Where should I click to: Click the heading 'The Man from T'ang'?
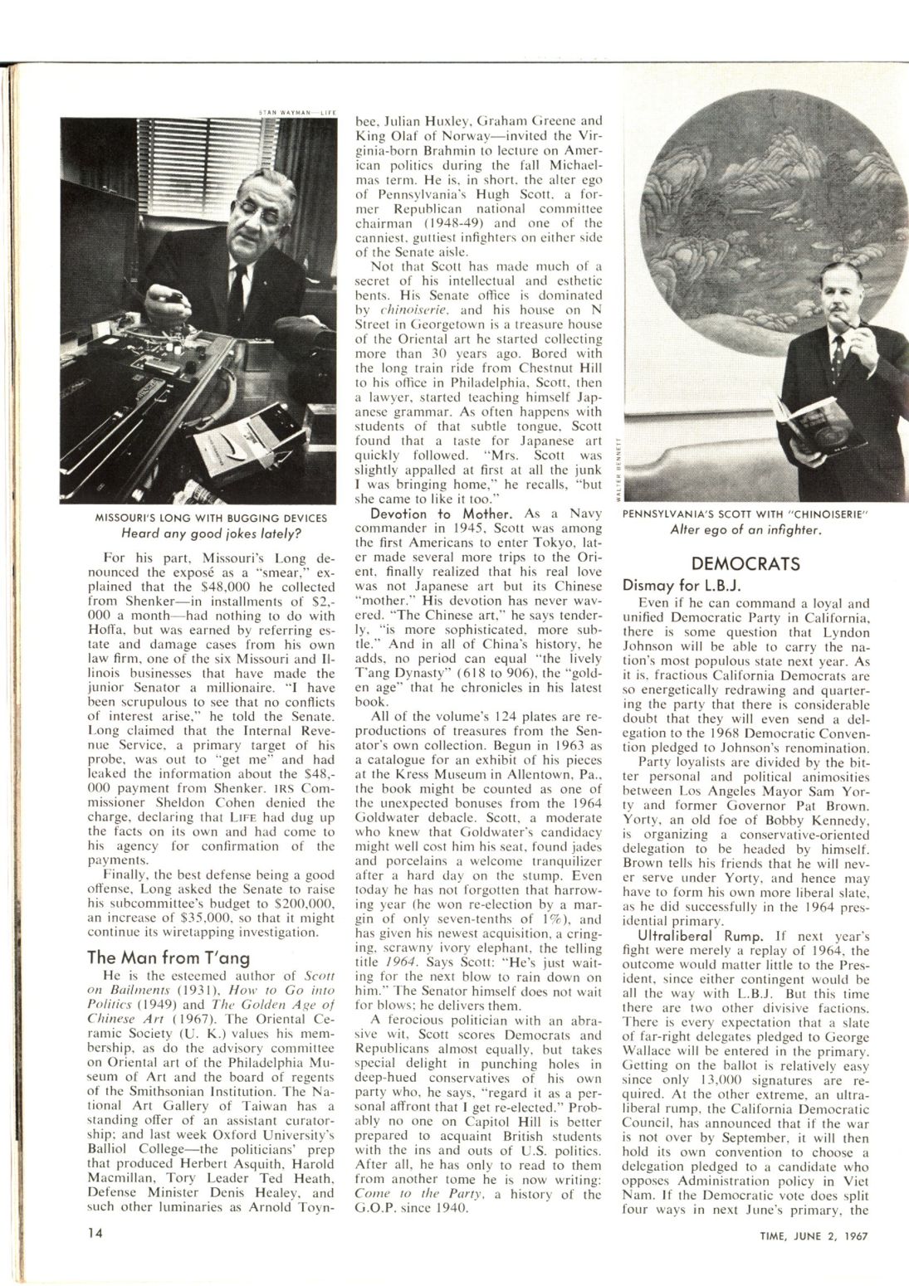[x=168, y=957]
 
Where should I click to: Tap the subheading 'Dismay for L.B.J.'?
[x=676, y=584]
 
